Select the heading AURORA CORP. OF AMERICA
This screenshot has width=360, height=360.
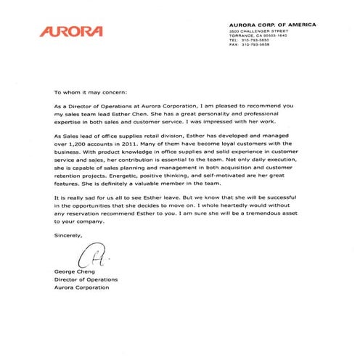[272, 25]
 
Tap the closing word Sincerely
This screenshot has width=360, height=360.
[70, 235]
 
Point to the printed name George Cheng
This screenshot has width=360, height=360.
[75, 271]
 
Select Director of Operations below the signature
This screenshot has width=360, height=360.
[86, 279]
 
